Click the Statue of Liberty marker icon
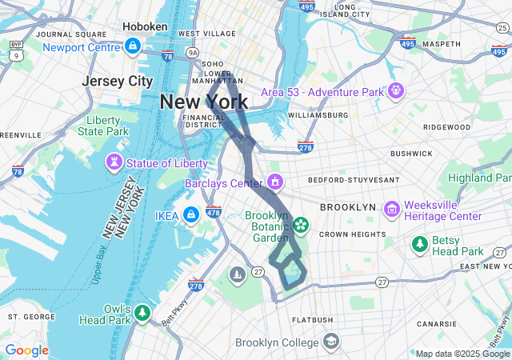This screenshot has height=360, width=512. (x=114, y=164)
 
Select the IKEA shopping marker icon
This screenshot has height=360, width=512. (x=191, y=215)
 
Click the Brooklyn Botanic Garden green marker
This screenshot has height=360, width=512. (x=301, y=226)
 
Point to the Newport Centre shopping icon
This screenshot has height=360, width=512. (x=133, y=47)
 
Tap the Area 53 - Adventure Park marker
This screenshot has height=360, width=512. (x=394, y=92)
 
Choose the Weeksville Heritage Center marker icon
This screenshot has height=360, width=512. (x=391, y=210)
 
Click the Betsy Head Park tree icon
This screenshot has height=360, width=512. (x=418, y=243)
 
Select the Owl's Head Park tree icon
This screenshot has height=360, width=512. (x=142, y=312)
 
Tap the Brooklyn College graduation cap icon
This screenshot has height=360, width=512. (x=330, y=342)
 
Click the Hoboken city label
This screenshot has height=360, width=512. (x=145, y=26)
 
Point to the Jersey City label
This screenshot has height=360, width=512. (x=117, y=81)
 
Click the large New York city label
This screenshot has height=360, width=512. (x=203, y=102)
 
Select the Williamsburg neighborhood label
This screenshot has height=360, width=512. (x=318, y=115)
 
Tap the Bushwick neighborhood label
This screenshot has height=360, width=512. (x=411, y=153)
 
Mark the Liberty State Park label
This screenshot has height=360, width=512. (x=107, y=126)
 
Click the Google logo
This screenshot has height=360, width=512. (x=26, y=350)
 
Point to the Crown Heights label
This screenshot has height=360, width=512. (x=353, y=234)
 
